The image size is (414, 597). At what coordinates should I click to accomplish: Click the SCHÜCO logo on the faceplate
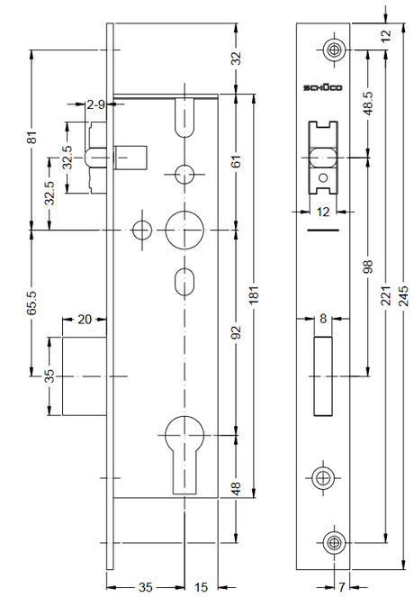323,88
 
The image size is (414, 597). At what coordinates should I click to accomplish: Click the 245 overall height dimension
404,295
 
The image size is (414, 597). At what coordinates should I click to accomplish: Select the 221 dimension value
386,295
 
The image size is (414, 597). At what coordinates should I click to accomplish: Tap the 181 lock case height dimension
254,294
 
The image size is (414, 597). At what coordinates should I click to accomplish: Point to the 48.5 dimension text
368,104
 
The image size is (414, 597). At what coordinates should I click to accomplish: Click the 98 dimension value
368,267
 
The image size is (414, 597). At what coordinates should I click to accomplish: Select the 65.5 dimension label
32,303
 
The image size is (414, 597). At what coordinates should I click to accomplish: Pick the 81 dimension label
32,137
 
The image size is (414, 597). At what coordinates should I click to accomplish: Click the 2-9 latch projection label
95,104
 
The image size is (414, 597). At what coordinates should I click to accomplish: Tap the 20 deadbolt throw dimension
85,320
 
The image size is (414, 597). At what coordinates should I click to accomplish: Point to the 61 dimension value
237,161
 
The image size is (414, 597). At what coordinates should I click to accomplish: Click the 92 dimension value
237,332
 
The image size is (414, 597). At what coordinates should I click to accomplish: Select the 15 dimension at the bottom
202,587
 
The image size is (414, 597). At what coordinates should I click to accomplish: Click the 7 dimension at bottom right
341,587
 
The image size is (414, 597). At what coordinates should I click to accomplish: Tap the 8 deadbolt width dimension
323,319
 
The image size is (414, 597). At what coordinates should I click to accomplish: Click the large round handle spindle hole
184,231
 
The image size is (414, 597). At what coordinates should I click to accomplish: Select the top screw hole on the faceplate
335,50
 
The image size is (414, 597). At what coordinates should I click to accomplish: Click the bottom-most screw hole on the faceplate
335,543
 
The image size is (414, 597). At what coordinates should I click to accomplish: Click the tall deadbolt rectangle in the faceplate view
323,376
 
